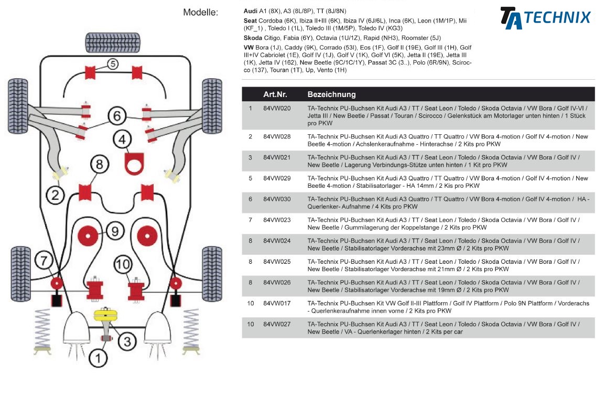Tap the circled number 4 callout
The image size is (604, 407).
pyautogui.click(x=123, y=140)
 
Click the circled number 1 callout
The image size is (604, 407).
pyautogui.click(x=98, y=358)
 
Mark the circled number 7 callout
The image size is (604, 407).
pyautogui.click(x=44, y=260)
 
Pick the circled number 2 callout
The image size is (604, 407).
pyautogui.click(x=55, y=195)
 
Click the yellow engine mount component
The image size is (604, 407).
pyautogui.click(x=106, y=316)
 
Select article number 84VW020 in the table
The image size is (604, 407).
pyautogui.click(x=277, y=109)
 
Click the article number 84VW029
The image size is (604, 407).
pyautogui.click(x=277, y=178)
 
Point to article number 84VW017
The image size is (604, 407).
pyautogui.click(x=277, y=303)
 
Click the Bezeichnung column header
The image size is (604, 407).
pyautogui.click(x=331, y=94)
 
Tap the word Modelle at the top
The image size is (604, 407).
pyautogui.click(x=200, y=12)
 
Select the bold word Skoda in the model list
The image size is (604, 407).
pyautogui.click(x=253, y=38)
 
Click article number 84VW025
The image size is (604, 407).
pyautogui.click(x=277, y=262)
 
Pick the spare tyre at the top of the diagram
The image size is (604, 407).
pyautogui.click(x=113, y=41)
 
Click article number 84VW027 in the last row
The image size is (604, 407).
pyautogui.click(x=277, y=324)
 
